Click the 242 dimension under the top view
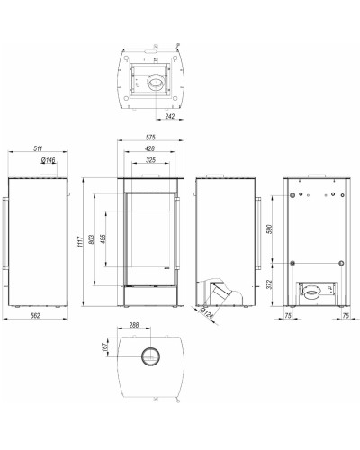coord(170,116)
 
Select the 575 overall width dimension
coord(150,137)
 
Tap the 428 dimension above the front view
coord(149,148)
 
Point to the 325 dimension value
coord(150,160)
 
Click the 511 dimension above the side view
coord(38,148)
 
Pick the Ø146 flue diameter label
coord(49,160)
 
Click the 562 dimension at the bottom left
coord(35,316)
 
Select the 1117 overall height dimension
coord(80,242)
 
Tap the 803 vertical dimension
coord(92,239)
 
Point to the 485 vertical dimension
coord(103,239)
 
